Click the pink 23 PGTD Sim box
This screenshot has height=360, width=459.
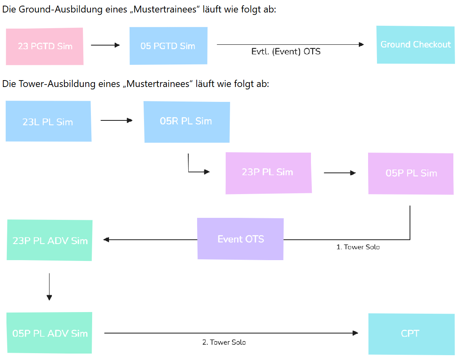click(45, 46)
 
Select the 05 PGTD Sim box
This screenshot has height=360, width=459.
click(169, 46)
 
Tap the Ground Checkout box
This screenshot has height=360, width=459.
click(416, 45)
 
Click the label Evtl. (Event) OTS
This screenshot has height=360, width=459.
click(286, 52)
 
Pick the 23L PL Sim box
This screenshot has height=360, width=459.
click(49, 121)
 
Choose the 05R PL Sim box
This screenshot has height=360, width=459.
click(187, 122)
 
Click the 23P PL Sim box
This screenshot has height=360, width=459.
click(268, 173)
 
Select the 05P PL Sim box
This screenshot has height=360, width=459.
click(411, 174)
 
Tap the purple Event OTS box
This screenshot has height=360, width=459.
click(240, 239)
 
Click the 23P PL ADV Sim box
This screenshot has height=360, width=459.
click(49, 240)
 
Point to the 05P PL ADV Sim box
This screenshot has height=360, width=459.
click(49, 333)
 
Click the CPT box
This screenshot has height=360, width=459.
click(411, 334)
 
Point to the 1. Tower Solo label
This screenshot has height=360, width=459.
click(358, 247)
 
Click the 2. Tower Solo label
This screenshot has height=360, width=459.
click(224, 342)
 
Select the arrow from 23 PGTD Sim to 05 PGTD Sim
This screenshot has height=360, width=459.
click(105, 45)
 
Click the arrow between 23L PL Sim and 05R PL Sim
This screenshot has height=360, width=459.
click(117, 120)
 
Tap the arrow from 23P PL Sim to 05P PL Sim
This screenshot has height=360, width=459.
click(340, 173)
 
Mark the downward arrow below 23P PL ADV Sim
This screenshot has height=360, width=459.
click(49, 287)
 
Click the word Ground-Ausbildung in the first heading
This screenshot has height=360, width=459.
click(60, 9)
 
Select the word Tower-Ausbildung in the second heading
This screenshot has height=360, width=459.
click(58, 84)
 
